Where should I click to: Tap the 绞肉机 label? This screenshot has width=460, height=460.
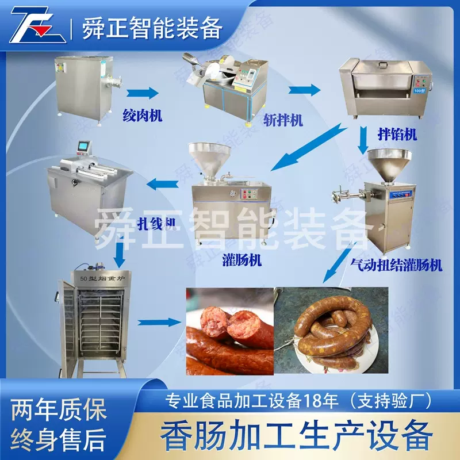(141, 115)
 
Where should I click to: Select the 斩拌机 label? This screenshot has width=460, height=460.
(283, 120)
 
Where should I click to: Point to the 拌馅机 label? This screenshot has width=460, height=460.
(397, 135)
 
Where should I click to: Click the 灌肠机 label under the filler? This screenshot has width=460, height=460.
(242, 260)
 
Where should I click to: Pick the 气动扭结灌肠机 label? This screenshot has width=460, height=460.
(396, 264)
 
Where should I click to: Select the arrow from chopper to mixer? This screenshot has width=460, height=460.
(304, 89)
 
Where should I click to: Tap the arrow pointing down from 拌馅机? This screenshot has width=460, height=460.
(363, 140)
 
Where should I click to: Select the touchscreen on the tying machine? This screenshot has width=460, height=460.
(85, 149)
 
